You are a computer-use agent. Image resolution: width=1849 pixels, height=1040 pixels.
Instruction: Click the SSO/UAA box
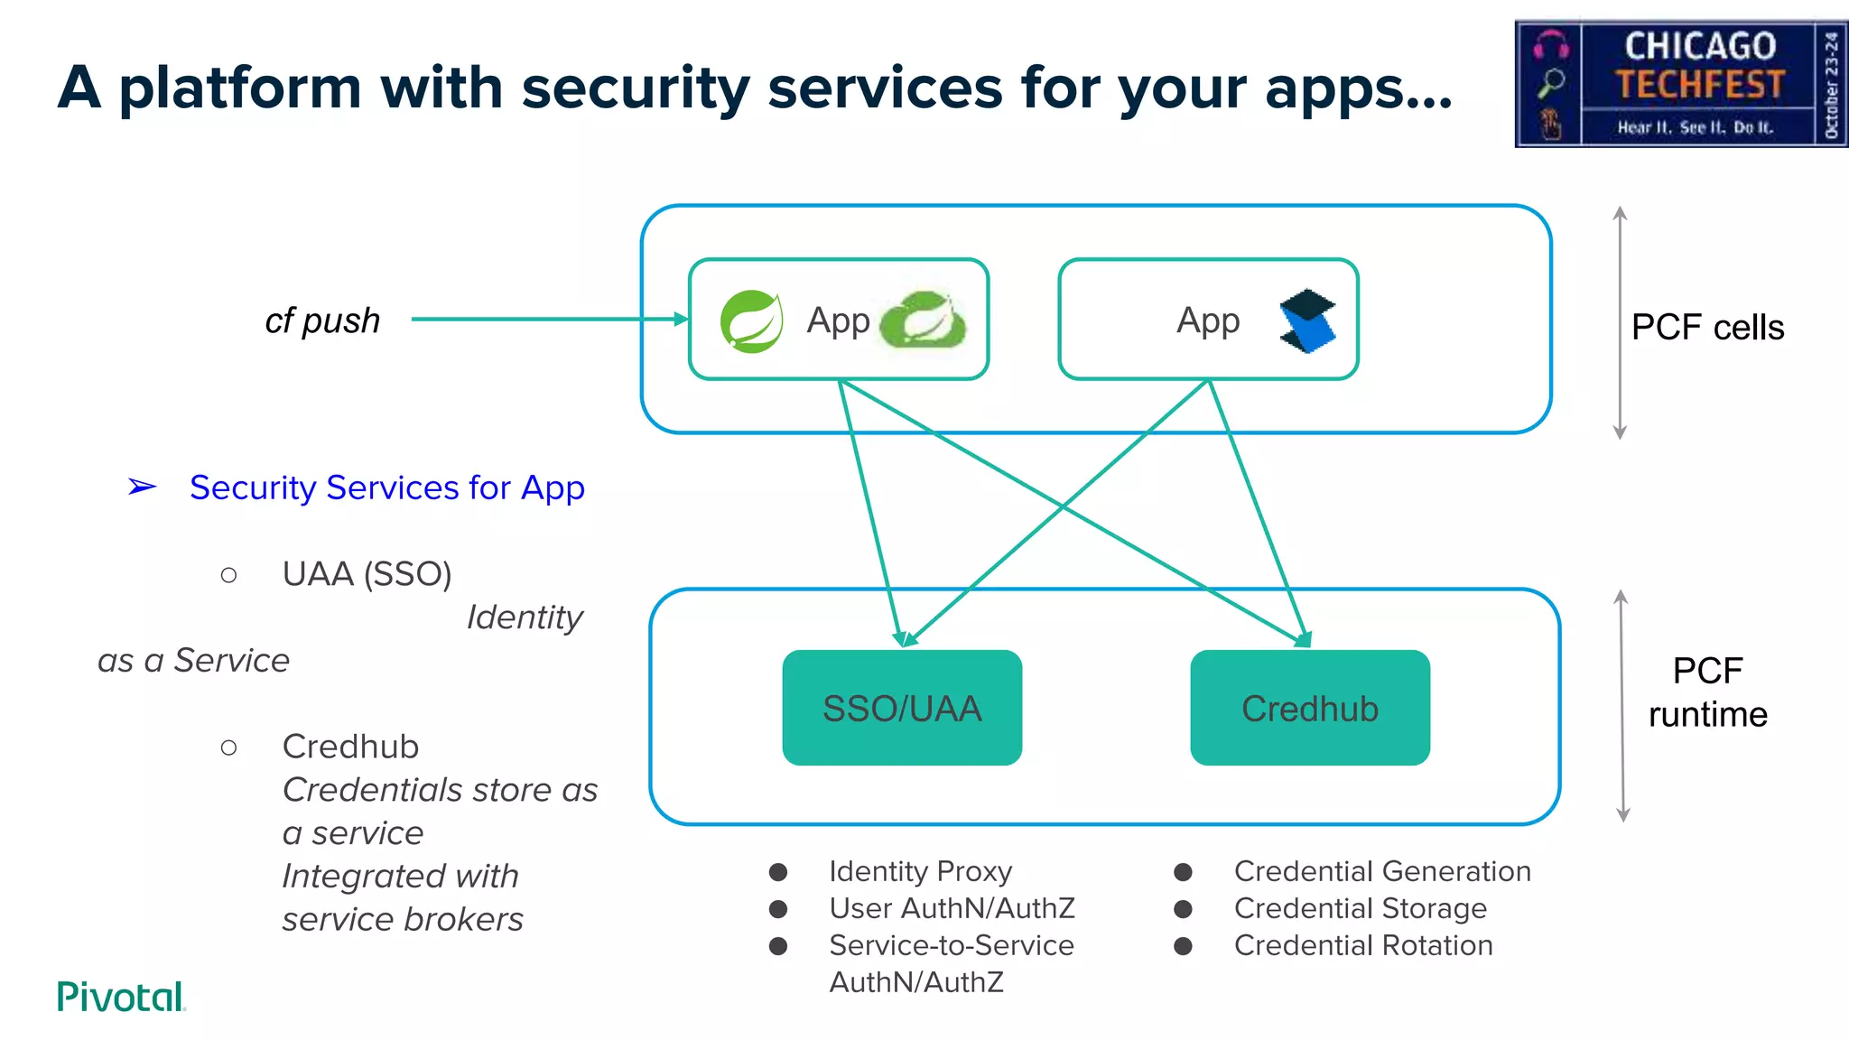[901, 708]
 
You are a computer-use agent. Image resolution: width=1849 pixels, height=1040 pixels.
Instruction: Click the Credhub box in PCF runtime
[1309, 708]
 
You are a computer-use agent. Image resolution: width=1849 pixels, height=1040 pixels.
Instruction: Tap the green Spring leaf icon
[751, 321]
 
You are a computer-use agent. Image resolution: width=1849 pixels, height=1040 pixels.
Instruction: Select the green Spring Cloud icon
[923, 320]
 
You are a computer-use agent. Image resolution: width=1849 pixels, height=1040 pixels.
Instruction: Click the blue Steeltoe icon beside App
[1306, 321]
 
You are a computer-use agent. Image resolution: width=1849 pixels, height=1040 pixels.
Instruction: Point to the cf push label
[322, 320]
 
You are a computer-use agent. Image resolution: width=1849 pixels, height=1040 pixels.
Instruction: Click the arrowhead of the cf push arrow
[681, 319]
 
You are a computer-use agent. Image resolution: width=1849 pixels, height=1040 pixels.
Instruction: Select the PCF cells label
[1707, 327]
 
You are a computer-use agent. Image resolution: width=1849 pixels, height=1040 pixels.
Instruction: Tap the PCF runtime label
[1707, 692]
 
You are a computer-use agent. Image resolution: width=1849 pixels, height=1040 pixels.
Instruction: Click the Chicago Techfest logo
[1680, 84]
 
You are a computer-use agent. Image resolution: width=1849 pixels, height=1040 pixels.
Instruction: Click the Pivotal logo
[121, 997]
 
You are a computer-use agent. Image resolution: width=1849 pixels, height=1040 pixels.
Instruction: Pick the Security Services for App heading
[386, 487]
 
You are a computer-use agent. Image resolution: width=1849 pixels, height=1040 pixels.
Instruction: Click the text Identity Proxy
[920, 871]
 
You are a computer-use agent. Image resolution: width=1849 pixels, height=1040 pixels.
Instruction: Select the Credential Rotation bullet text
[1362, 945]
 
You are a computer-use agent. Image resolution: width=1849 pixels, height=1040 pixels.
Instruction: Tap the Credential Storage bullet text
[1360, 908]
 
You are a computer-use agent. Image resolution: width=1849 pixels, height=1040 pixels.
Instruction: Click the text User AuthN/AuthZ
[952, 908]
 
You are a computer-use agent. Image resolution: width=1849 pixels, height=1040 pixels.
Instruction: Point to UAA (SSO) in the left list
[367, 574]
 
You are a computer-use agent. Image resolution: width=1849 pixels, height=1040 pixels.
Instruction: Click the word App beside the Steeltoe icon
[1208, 320]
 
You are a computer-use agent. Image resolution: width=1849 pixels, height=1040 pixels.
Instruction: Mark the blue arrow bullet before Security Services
[142, 487]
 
